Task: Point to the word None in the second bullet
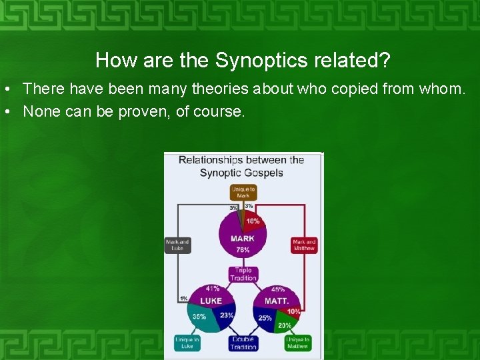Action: pos(41,111)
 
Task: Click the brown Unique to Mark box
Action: pos(243,193)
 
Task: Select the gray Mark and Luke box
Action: pos(177,245)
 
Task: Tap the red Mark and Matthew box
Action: pos(304,245)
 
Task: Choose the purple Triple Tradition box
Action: pos(243,274)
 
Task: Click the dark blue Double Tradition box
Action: pos(243,343)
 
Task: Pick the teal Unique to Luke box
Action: pos(187,343)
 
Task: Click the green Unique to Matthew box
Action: pos(297,343)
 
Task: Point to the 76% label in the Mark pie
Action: pos(243,250)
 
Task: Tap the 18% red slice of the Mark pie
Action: pos(253,221)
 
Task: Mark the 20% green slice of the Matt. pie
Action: pos(285,325)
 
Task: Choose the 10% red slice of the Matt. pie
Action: pos(293,311)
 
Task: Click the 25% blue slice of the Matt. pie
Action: pos(265,318)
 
